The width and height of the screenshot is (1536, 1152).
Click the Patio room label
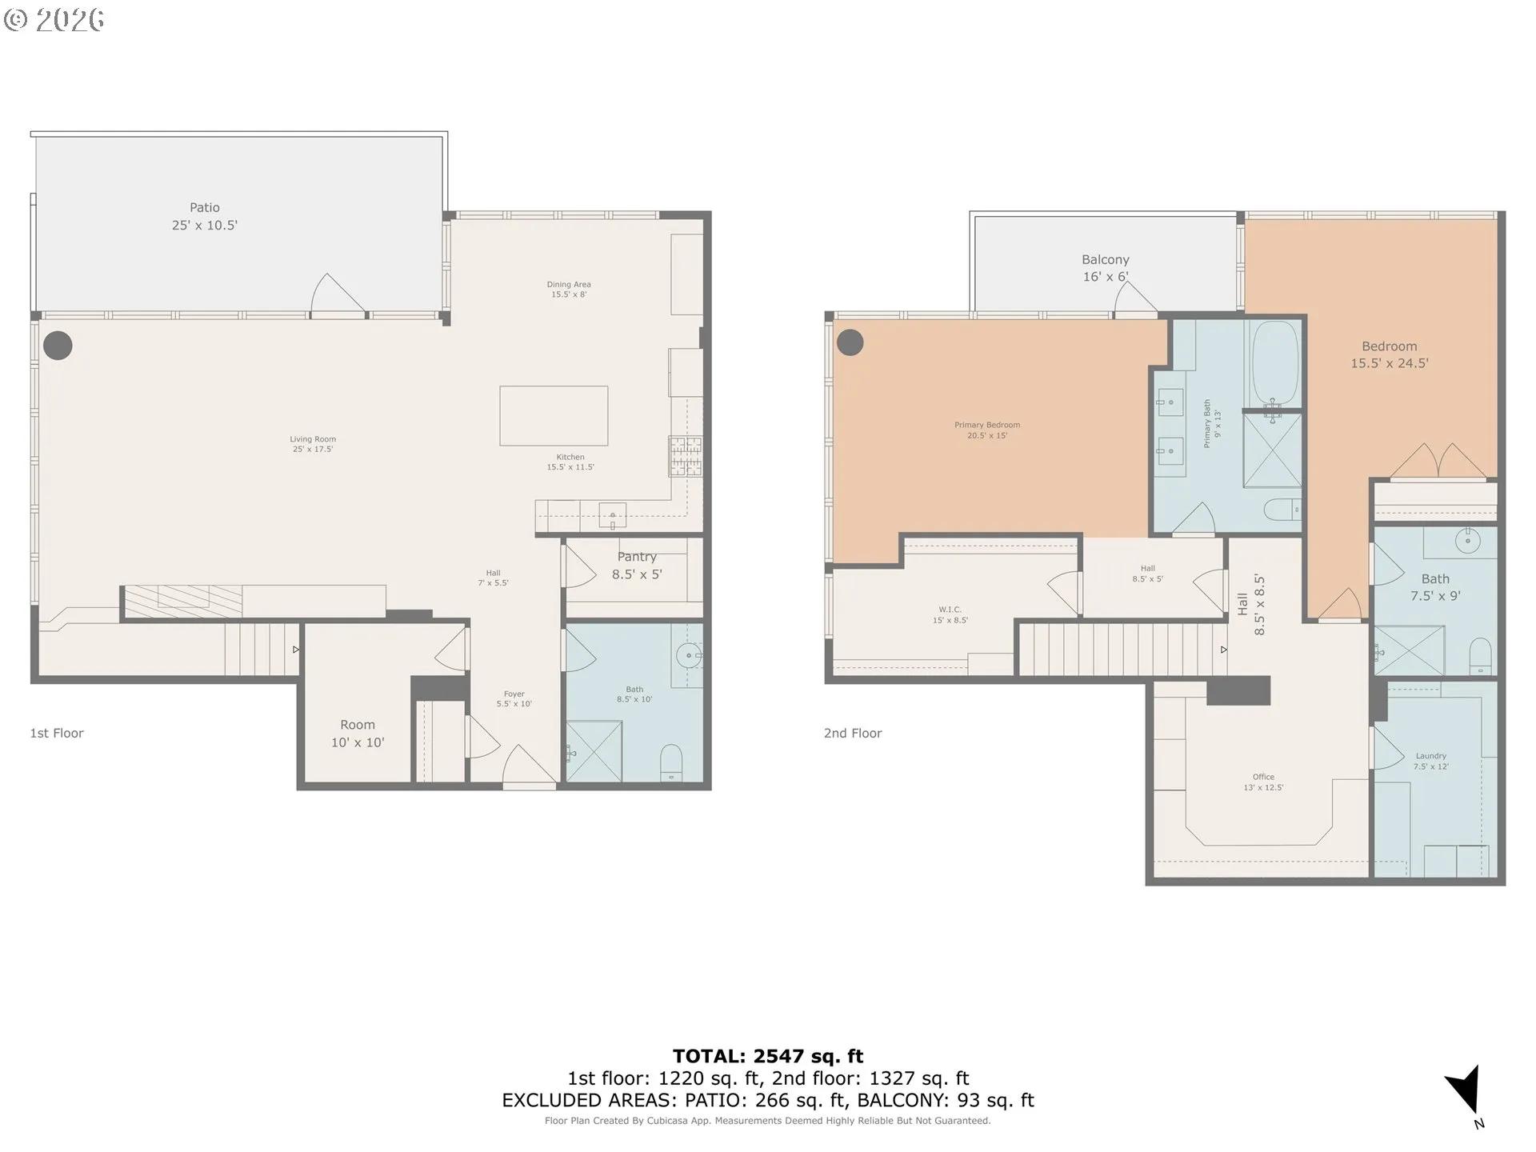pos(205,216)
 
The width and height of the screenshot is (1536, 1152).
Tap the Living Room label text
pos(313,444)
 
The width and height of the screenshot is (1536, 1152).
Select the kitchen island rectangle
pos(554,416)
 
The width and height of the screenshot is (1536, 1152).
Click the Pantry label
pos(637,565)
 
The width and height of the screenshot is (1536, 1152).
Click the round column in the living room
pos(58,346)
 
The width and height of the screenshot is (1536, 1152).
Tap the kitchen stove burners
pos(686,456)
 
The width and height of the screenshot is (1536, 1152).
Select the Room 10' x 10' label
pos(358,734)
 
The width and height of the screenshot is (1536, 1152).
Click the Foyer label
pos(514,699)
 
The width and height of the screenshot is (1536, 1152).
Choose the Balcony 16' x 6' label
pos(1106,268)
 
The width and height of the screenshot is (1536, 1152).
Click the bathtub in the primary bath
pos(1275,363)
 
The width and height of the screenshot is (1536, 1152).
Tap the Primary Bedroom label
pos(987,430)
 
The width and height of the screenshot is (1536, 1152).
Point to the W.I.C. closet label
pos(950,614)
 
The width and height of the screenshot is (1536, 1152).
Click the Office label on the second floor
pos(1263,782)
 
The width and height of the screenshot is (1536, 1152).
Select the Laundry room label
pos(1431,761)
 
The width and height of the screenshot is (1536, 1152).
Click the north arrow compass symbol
pos(1466,1092)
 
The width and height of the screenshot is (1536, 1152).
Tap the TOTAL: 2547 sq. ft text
pos(768,1057)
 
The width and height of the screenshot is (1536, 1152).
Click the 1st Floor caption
pos(57,733)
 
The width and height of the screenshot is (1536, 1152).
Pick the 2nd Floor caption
pos(853,733)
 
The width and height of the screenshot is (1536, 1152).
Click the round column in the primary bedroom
pos(850,342)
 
